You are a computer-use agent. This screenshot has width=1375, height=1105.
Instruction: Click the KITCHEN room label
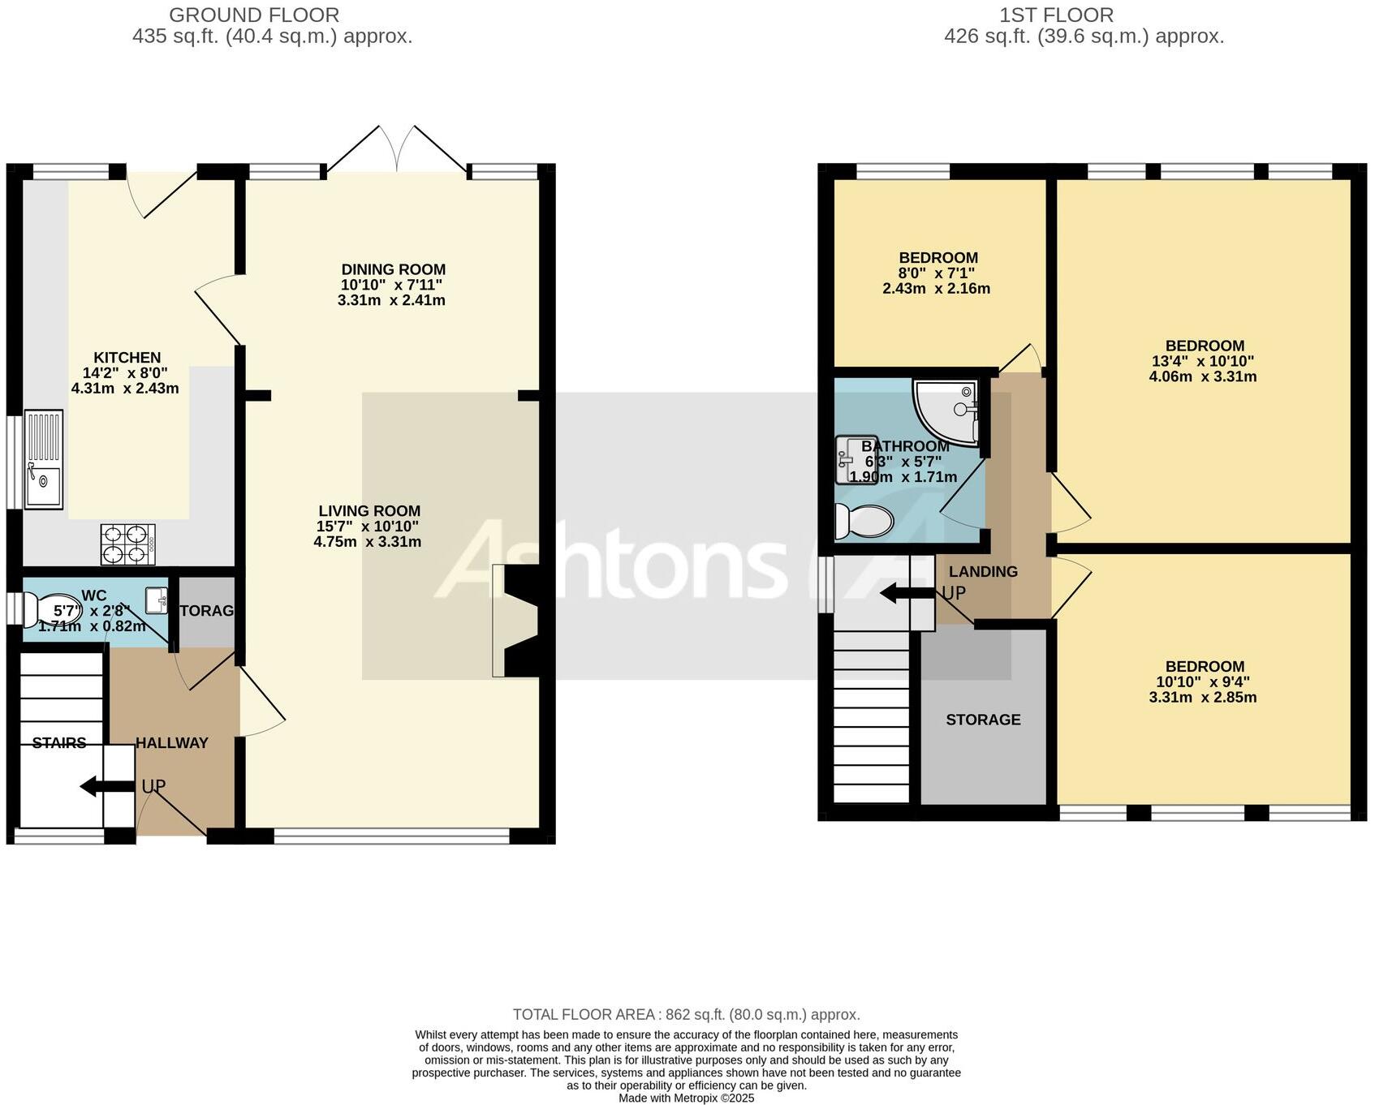pos(127,358)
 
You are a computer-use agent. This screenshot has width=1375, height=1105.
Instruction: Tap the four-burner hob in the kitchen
pos(127,544)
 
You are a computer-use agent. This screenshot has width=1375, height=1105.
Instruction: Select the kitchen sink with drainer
pos(43,459)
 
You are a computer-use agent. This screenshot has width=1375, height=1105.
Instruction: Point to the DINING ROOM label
pos(393,269)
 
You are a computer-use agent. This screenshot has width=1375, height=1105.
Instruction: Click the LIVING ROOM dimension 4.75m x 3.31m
pos(368,542)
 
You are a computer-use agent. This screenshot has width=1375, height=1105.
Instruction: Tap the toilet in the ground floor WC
pos(52,610)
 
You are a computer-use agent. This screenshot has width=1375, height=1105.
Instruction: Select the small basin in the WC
pos(156,600)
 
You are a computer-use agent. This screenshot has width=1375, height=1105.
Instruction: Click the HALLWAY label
pos(171,742)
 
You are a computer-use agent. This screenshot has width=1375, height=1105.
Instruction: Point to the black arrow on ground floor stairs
pos(106,785)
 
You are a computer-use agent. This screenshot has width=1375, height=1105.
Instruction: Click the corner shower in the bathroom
pos(946,412)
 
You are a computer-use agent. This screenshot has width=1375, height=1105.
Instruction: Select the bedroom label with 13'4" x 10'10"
pos(1204,346)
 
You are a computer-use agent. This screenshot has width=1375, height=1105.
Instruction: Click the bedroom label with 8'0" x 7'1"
pos(937,258)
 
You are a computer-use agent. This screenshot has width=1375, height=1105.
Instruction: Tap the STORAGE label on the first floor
pos(983,720)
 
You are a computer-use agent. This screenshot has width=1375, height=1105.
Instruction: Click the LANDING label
pos(982,571)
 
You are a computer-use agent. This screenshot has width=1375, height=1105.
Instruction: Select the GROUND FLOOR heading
pos(254,15)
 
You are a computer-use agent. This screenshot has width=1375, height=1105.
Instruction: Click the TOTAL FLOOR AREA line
pos(686,1014)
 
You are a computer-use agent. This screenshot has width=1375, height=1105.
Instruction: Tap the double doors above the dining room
pos(397,150)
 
